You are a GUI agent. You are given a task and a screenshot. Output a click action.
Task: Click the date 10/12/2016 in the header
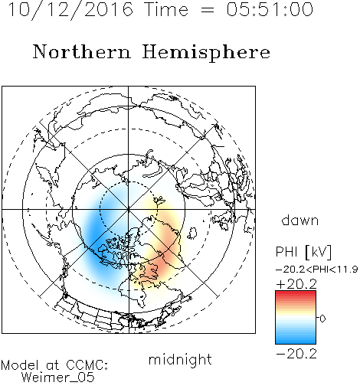pyautogui.click(x=70, y=10)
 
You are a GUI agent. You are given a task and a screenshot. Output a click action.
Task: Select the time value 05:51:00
pyautogui.click(x=270, y=9)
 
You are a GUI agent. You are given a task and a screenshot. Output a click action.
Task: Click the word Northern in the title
pyautogui.click(x=82, y=51)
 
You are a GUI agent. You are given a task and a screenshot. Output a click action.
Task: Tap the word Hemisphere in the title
pyautogui.click(x=206, y=53)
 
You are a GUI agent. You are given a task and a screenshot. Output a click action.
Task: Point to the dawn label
pyautogui.click(x=300, y=221)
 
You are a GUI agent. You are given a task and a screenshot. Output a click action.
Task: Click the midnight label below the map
pyautogui.click(x=180, y=359)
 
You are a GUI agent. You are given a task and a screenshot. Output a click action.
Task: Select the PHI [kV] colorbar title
pyautogui.click(x=303, y=252)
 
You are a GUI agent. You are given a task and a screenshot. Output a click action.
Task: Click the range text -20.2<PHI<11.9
pyautogui.click(x=317, y=270)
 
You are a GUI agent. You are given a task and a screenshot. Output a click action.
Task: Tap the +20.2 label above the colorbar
pyautogui.click(x=296, y=284)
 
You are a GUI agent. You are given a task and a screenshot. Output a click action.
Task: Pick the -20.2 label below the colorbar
pyautogui.click(x=296, y=354)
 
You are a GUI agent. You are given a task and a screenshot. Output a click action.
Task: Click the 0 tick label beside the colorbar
pyautogui.click(x=322, y=319)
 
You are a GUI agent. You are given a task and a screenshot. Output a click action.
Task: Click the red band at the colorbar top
pyautogui.click(x=296, y=293)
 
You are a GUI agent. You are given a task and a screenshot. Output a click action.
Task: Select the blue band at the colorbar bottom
pyautogui.click(x=296, y=341)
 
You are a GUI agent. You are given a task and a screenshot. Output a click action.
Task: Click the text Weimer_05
pyautogui.click(x=58, y=377)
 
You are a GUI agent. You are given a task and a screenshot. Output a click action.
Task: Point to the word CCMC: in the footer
pyautogui.click(x=87, y=365)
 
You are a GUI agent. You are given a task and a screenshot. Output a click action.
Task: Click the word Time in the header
pyautogui.click(x=166, y=9)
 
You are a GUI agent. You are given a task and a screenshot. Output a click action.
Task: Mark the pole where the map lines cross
pyautogui.click(x=129, y=209)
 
